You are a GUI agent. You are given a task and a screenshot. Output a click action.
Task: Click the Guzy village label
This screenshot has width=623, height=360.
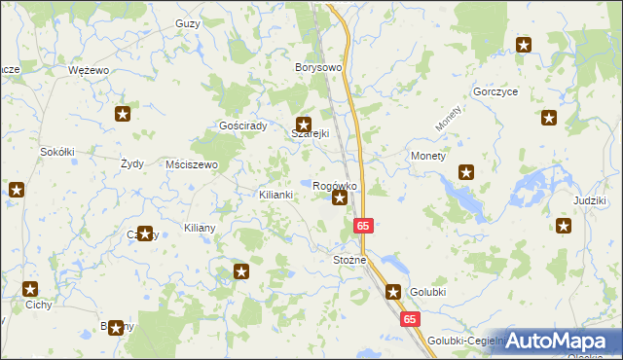pos(189,23)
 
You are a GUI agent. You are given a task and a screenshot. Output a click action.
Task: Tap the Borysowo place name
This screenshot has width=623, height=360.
pos(318,68)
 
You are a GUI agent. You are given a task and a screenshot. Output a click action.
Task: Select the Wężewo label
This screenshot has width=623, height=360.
pos(88,71)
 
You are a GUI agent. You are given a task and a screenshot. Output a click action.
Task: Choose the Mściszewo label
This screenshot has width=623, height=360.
pos(192,164)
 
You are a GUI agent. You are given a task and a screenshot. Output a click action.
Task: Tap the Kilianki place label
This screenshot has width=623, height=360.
pos(275,195)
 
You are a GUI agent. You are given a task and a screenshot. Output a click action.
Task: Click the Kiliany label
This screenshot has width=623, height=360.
pos(200,227)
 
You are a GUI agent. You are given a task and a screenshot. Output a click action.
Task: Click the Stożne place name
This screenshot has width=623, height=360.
pos(349,260)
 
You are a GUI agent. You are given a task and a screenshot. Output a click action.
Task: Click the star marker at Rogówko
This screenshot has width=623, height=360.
pos(339,198)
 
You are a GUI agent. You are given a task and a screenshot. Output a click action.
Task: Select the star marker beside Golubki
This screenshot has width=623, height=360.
pos(393,291)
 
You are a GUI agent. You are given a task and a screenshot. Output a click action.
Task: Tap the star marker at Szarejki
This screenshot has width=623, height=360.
pos(303,125)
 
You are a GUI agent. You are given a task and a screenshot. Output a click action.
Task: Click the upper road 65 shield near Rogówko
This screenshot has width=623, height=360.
pos(362,225)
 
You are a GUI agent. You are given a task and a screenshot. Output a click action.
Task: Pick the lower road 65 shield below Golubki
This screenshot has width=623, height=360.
pos(410,318)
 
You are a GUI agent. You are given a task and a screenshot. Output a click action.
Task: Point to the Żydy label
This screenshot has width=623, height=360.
pos(131,164)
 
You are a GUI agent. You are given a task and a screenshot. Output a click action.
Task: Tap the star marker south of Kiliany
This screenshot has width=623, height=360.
pos(242,271)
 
